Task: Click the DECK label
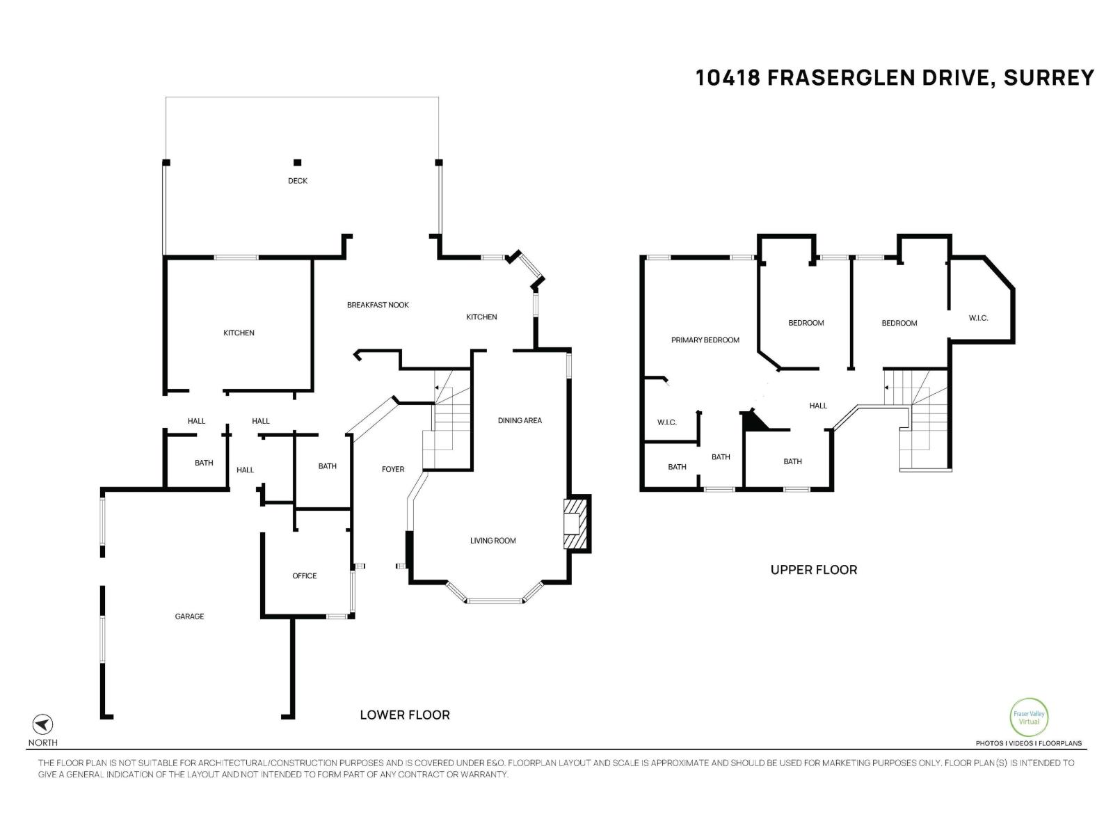298,181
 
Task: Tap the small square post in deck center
297,163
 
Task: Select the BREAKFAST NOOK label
378,305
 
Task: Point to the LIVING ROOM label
493,541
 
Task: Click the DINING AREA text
520,420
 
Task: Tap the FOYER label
393,470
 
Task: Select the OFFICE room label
305,576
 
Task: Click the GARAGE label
189,617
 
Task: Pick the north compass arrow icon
43,724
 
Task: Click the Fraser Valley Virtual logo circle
1028,717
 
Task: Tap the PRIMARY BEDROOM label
705,340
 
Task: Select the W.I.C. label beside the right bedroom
978,318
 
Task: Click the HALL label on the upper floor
818,406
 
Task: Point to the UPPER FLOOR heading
813,570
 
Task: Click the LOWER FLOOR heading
404,715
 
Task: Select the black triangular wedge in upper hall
753,420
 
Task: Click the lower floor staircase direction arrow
437,387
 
